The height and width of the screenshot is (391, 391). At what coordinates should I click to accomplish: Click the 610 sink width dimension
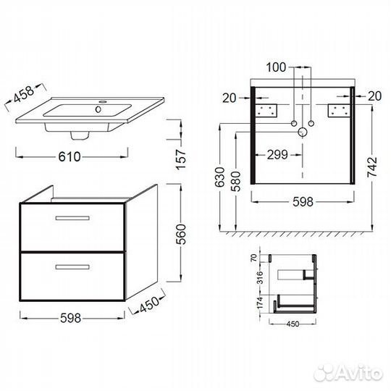70,156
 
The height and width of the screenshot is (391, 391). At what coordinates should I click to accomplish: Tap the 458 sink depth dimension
24,94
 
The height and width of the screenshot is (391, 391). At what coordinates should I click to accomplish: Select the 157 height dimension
181,159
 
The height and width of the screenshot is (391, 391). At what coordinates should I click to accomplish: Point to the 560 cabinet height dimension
181,234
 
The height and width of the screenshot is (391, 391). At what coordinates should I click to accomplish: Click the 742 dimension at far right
372,167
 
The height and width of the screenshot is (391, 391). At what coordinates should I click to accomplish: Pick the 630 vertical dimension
220,177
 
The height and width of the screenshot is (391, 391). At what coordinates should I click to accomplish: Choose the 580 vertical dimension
235,181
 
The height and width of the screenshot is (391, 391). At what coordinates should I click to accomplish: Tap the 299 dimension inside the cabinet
277,155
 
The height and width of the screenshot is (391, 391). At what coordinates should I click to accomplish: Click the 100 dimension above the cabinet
276,67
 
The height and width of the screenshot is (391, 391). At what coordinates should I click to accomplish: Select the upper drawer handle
72,218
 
